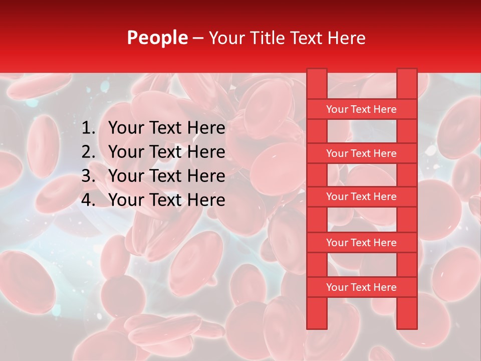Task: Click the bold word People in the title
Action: point(157,38)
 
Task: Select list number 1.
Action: point(88,128)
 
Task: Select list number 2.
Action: point(88,152)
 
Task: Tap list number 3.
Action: point(88,176)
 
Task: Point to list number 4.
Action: point(88,200)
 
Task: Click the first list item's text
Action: point(166,128)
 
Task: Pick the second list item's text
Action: point(166,152)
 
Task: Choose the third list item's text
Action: point(166,176)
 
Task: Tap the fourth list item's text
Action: point(166,200)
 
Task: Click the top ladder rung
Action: point(361,109)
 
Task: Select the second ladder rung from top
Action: point(361,153)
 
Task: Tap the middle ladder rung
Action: point(361,197)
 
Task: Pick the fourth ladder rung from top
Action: point(361,243)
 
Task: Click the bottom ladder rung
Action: point(361,287)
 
